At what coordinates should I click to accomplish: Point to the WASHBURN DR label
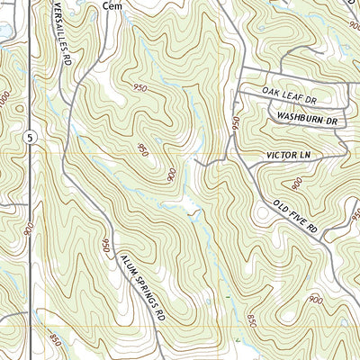coord(306,118)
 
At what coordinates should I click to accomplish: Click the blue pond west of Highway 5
coord(4,31)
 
